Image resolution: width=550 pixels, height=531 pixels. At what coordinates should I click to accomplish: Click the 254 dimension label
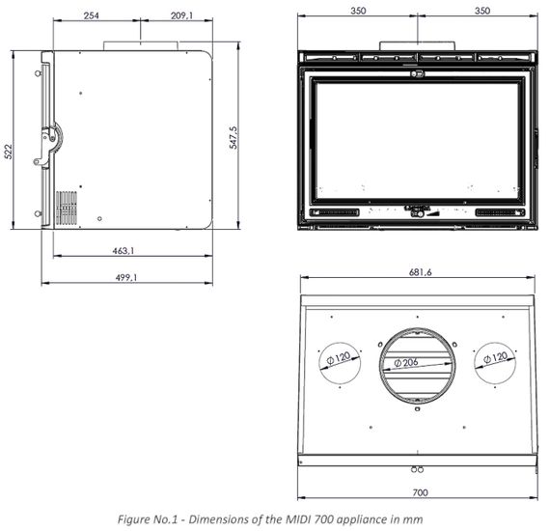[92, 15]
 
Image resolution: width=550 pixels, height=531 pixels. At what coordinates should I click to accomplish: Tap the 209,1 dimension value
[181, 15]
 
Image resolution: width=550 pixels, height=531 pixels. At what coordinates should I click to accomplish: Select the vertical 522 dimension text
[8, 152]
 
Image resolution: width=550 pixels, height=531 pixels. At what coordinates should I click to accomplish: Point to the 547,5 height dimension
[234, 137]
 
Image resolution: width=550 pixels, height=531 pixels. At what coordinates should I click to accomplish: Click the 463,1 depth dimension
[124, 251]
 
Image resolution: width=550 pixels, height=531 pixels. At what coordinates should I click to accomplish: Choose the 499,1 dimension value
[126, 277]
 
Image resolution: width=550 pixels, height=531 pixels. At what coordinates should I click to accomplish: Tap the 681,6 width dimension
[420, 272]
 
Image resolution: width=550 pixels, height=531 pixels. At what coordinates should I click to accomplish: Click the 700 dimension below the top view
[420, 492]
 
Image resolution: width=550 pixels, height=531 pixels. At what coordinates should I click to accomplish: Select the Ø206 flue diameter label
[406, 362]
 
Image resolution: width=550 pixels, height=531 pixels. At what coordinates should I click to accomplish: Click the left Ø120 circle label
[339, 358]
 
